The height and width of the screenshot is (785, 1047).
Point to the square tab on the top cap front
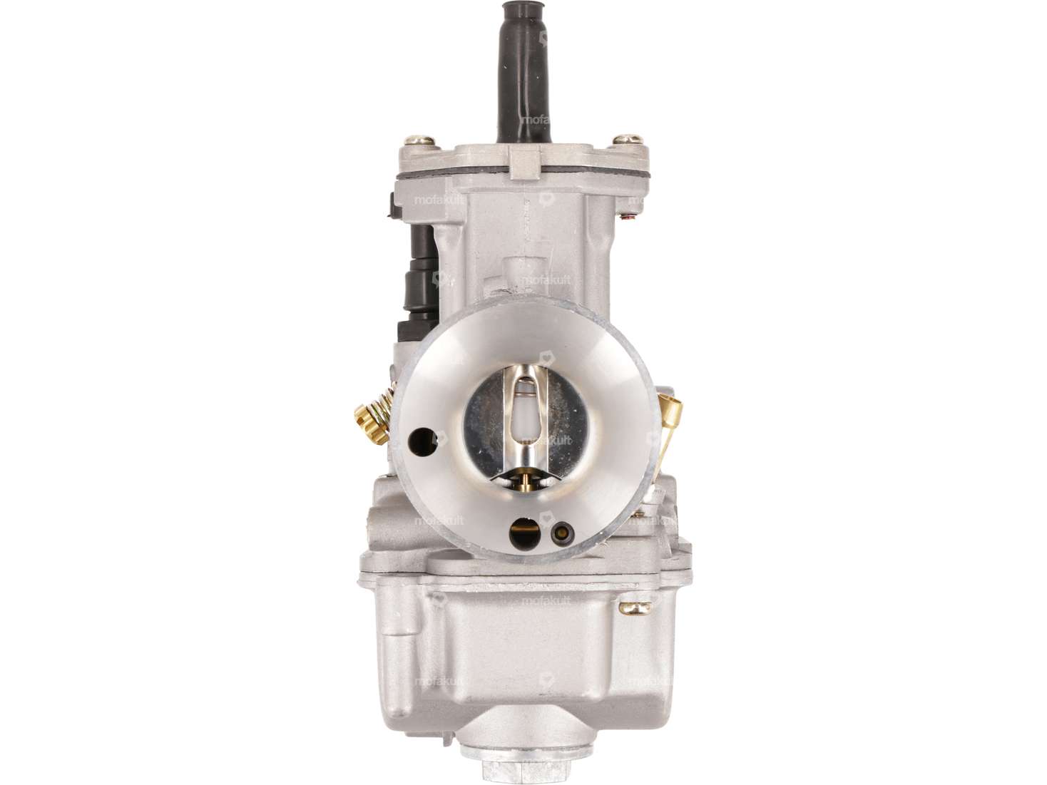coord(525,160)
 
